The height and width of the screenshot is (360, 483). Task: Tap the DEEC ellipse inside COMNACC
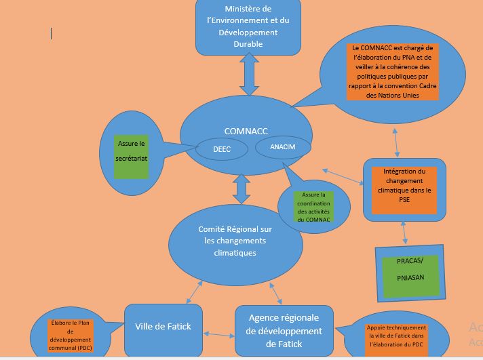coord(222,150)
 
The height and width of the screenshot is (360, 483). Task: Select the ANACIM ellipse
coord(282,147)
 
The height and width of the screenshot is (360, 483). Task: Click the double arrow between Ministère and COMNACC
coord(249,75)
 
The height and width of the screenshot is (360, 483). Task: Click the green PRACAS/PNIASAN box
coord(409,270)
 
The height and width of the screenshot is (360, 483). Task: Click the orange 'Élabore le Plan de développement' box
coord(70,336)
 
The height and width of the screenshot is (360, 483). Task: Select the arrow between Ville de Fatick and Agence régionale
coord(218,334)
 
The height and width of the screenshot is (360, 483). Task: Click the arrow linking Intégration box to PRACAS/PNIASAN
coord(405,233)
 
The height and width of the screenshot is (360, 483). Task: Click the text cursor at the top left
coord(51,33)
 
